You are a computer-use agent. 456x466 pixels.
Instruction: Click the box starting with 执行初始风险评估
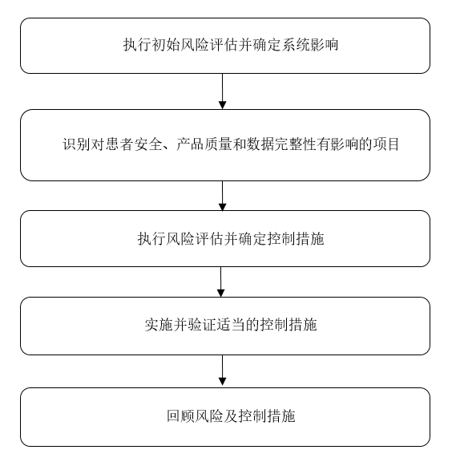[x=225, y=46]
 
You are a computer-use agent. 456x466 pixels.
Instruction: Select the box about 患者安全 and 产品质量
[x=225, y=145]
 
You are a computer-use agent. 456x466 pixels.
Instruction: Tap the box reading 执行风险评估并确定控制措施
[x=225, y=238]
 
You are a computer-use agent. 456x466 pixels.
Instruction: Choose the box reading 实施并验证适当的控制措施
[x=225, y=326]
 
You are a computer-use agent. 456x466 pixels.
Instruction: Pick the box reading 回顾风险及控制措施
[x=225, y=416]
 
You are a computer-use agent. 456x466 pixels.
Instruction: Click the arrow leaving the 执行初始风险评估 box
[x=223, y=91]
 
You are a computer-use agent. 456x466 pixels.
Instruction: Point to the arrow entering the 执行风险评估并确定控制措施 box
[x=223, y=196]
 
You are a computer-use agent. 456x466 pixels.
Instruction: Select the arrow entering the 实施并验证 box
[x=221, y=282]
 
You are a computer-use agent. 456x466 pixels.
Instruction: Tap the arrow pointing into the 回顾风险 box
[x=222, y=371]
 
